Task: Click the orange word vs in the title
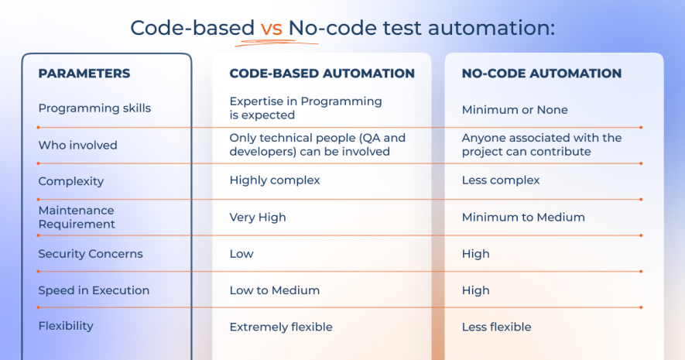tap(272, 29)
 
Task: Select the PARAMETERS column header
tap(84, 74)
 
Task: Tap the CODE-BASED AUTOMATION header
tap(322, 74)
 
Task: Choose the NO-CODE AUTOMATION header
tap(542, 74)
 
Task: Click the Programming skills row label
tap(94, 108)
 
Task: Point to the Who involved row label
tap(77, 145)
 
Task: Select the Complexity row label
tap(71, 181)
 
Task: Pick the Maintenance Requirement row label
tap(77, 217)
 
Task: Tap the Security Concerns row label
tap(91, 254)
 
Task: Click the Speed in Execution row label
tap(94, 290)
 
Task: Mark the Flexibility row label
tap(66, 327)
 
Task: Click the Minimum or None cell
tap(515, 110)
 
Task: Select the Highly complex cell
tap(275, 180)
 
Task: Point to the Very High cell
tap(258, 218)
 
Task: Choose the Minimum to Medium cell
tap(523, 217)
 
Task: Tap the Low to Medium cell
tap(275, 290)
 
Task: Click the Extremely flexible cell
tap(281, 327)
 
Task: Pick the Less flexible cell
tap(497, 327)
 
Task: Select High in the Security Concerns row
tap(476, 254)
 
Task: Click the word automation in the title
tap(491, 29)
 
